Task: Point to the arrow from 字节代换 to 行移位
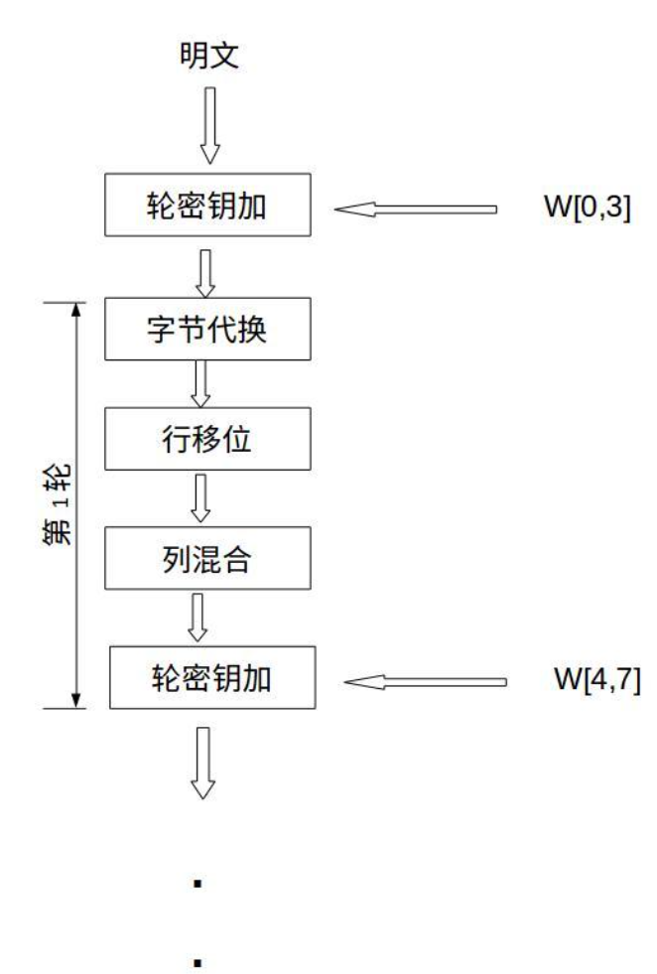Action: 202,382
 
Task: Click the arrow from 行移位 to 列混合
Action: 202,495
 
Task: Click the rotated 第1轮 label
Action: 63,505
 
